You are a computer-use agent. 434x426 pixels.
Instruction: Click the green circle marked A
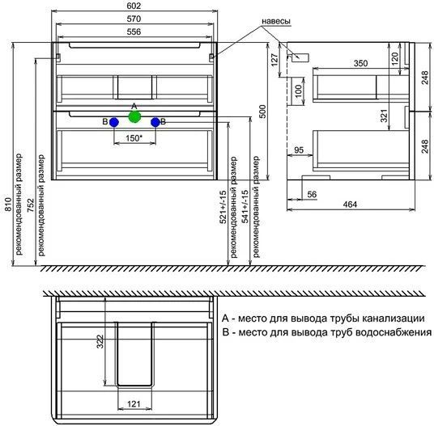134,116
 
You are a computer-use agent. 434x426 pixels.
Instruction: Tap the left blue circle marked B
114,122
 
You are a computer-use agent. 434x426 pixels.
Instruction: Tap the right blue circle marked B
155,122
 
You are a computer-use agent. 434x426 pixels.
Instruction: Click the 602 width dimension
134,6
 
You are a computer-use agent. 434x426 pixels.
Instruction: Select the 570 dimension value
134,19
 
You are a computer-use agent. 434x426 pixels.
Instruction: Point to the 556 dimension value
134,32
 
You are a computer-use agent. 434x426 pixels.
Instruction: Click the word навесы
276,21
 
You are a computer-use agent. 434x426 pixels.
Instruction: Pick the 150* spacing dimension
134,138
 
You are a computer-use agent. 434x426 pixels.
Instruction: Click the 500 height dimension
262,112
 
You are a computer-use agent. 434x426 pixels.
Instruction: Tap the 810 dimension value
8,205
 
